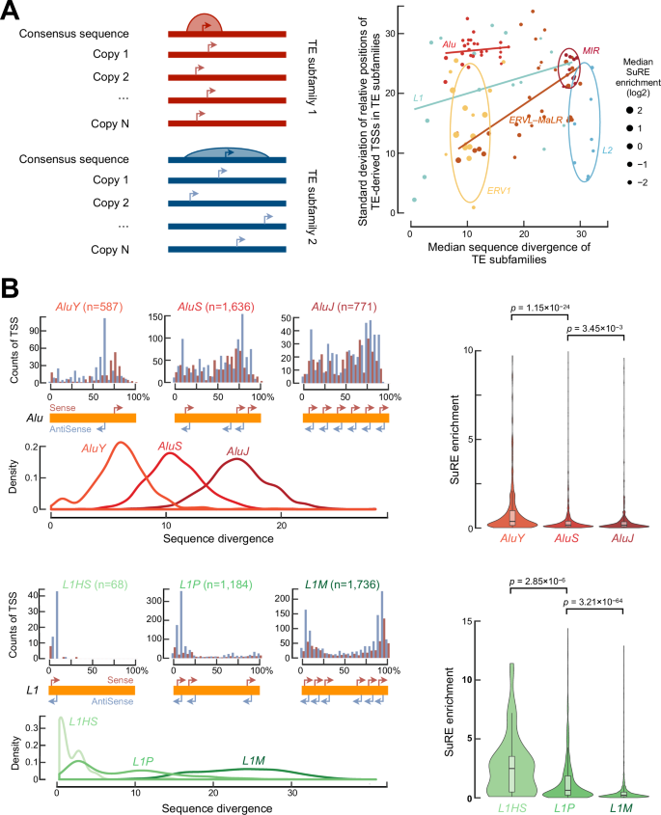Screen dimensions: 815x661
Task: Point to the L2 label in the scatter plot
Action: click(x=607, y=150)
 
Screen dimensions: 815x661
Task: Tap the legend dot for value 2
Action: click(x=614, y=110)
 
